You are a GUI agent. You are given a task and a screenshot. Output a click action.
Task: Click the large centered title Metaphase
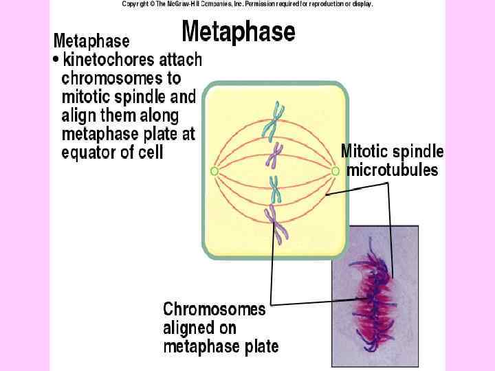239,32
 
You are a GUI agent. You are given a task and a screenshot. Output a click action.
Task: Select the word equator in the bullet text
91,152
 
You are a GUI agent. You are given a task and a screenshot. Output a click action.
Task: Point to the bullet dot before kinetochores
56,60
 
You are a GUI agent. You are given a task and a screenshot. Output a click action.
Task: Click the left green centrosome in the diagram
214,170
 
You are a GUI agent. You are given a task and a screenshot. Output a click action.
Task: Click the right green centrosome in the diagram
335,170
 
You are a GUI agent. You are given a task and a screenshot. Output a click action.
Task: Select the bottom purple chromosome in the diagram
278,224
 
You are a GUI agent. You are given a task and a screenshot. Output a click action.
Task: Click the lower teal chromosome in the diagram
275,189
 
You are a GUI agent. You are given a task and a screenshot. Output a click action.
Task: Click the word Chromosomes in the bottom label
214,310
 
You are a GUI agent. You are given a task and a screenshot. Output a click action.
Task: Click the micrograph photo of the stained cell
375,295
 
